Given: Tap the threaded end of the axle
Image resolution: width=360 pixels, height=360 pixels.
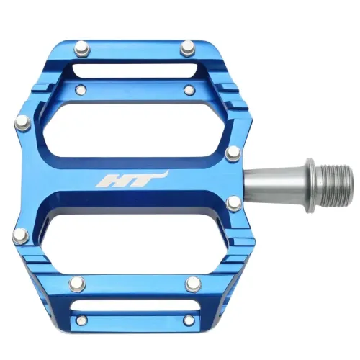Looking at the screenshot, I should (x=334, y=178).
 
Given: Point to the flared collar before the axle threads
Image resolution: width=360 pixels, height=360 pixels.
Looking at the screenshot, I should (x=308, y=178).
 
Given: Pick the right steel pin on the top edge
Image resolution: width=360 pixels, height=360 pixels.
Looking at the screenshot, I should (x=188, y=48).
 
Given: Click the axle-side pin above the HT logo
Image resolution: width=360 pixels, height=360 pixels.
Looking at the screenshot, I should (x=233, y=152).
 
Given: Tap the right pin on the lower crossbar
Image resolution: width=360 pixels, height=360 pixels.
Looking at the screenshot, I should (x=192, y=284).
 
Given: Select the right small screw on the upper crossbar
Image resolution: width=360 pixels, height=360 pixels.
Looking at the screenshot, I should (x=189, y=90).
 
